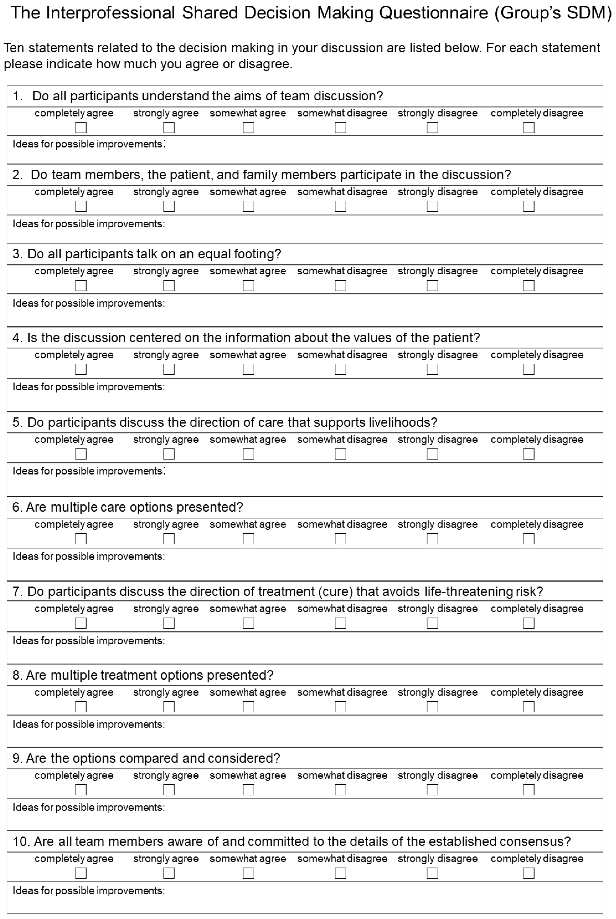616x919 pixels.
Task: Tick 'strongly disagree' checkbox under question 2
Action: coord(432,206)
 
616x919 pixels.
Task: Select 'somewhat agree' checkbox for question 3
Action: coord(248,285)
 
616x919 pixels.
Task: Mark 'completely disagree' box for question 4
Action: coord(528,369)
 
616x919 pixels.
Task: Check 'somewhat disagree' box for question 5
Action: coord(340,454)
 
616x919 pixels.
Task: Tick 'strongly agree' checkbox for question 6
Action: coord(169,538)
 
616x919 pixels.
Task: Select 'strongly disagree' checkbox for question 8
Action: coord(432,707)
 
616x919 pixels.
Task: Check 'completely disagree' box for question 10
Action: coord(528,873)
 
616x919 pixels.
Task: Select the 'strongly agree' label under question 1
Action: coord(166,113)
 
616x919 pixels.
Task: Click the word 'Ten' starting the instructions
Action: coord(14,48)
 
